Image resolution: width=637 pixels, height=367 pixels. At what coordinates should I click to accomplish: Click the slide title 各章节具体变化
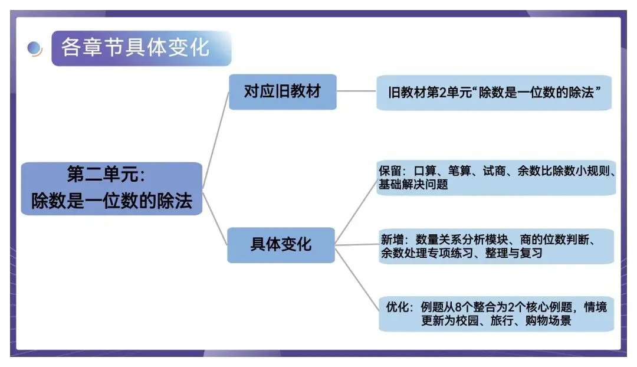pyautogui.click(x=135, y=47)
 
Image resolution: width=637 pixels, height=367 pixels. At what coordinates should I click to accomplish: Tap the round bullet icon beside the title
pyautogui.click(x=35, y=49)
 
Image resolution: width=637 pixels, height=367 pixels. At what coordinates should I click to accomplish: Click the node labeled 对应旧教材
pyautogui.click(x=282, y=91)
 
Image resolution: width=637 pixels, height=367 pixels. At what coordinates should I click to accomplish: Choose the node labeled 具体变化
pyautogui.click(x=281, y=244)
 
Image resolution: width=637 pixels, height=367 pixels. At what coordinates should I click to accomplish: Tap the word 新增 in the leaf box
pyautogui.click(x=392, y=240)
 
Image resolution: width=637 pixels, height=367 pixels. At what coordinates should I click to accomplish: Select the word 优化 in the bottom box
pyautogui.click(x=398, y=307)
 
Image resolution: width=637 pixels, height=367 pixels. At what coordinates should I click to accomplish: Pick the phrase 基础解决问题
pyautogui.click(x=413, y=185)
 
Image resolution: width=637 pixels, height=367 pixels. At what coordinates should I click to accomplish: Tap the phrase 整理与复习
pyautogui.click(x=517, y=254)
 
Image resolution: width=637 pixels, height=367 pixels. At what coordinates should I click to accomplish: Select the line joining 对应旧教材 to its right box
pyautogui.click(x=356, y=91)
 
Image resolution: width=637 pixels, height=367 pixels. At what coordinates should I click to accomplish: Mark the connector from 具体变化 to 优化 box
pyautogui.click(x=356, y=277)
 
